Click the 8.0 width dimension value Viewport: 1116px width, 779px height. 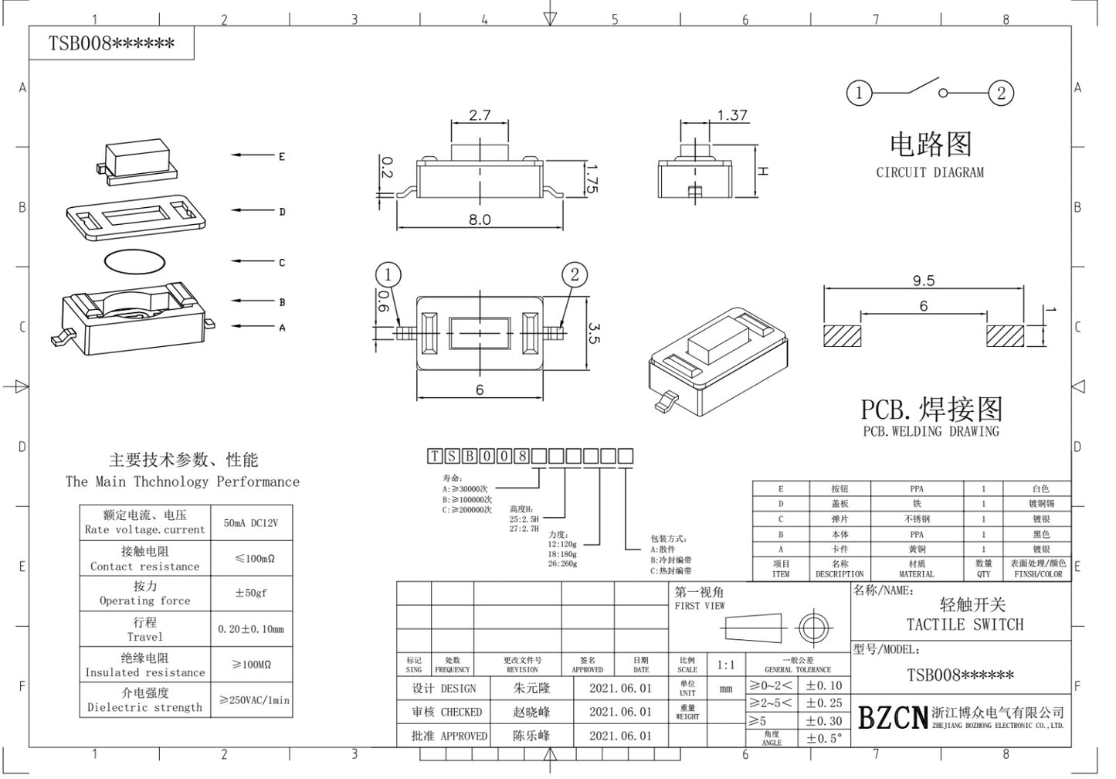pos(479,219)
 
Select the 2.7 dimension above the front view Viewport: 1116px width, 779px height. pos(480,115)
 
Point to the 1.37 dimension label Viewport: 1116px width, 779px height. pos(731,115)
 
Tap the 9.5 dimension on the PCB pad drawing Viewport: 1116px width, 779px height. pos(923,281)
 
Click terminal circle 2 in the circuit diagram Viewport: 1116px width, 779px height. pos(1001,93)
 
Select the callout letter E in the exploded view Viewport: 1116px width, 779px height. pos(282,156)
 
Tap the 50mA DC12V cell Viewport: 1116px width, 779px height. pos(251,523)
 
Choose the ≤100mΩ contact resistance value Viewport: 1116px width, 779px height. pos(254,558)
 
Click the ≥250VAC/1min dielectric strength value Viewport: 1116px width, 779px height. pos(254,700)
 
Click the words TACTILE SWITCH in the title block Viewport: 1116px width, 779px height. pos(965,624)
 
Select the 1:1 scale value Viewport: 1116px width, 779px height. pos(726,665)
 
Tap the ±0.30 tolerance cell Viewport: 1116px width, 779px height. pos(824,721)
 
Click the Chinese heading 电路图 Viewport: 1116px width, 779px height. pos(930,145)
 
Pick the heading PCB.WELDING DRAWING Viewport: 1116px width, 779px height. pos(931,431)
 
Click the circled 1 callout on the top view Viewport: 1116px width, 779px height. pos(388,274)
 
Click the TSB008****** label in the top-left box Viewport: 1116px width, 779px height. pos(112,44)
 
